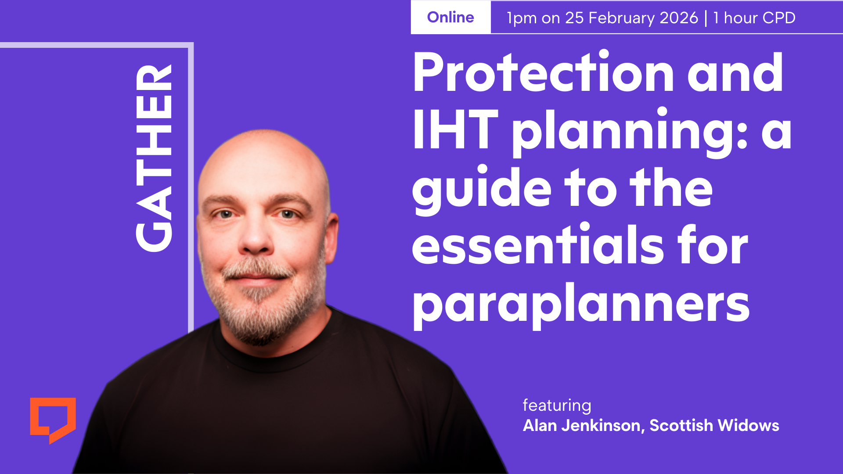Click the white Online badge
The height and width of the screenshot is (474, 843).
click(450, 18)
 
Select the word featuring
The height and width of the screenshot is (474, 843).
click(557, 406)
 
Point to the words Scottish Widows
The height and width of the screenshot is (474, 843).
click(714, 425)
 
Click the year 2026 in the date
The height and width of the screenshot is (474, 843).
click(679, 18)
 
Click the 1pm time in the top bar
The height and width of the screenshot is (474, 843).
click(522, 18)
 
